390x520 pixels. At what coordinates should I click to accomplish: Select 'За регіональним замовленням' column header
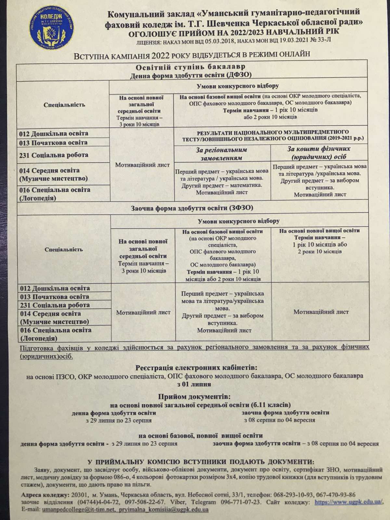coord(221,154)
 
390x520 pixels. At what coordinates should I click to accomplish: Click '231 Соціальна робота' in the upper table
coord(54,155)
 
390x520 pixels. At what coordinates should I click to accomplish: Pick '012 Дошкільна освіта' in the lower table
coord(55,288)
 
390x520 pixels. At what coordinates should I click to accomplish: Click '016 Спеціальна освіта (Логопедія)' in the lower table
coord(56,334)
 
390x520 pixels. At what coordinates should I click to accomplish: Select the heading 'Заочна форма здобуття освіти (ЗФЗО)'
coord(192,208)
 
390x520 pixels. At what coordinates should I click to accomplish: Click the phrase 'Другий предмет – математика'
coord(222,185)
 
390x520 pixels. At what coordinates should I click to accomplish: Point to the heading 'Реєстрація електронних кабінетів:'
coord(196,368)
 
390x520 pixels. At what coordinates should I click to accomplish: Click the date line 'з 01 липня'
coord(194,384)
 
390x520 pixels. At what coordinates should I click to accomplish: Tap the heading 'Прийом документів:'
coord(194,397)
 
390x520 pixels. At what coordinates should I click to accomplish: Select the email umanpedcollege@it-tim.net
coord(78,510)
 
